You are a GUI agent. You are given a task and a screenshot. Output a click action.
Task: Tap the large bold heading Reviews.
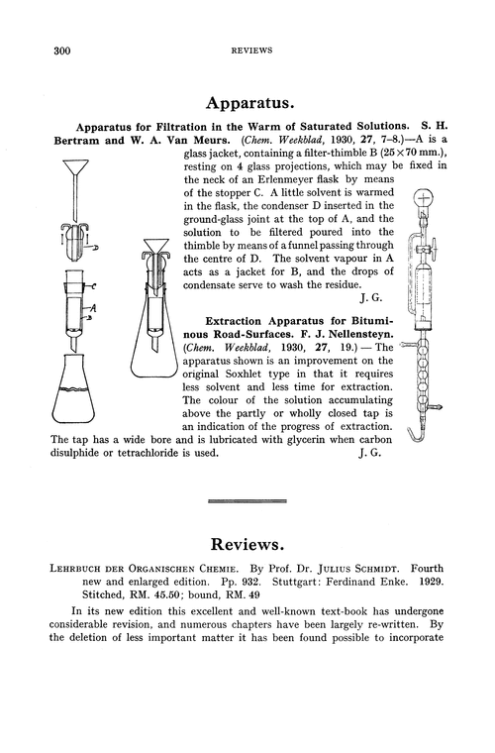pyautogui.click(x=247, y=547)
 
